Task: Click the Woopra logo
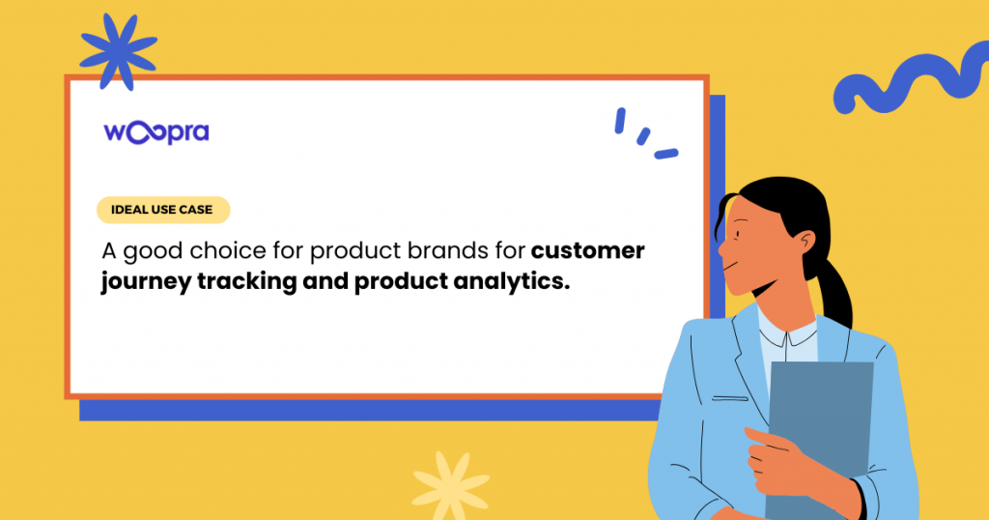tap(156, 132)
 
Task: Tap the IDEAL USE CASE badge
tap(162, 210)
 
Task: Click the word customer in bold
tap(588, 250)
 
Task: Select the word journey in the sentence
tap(146, 282)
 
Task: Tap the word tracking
tap(246, 282)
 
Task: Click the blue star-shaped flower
tap(119, 52)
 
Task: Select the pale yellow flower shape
tap(450, 484)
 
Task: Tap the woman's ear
tap(805, 245)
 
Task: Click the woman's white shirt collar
tap(788, 333)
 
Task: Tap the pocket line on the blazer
tap(730, 399)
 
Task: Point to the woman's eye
tap(737, 235)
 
